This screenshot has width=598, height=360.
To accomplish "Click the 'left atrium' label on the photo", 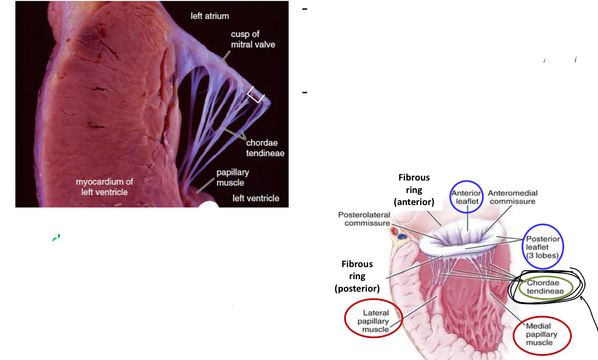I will coord(210,16).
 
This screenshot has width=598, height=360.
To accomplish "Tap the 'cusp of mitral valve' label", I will coord(253,39).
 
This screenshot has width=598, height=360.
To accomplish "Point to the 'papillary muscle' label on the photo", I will coord(233,177).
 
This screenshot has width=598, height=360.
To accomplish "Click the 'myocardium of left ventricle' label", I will coord(104,187).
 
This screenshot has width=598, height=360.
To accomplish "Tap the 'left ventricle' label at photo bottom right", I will coord(256,198).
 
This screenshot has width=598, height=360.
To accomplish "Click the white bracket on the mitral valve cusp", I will coord(256,95).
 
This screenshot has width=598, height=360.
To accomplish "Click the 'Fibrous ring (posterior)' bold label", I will coord(357,276).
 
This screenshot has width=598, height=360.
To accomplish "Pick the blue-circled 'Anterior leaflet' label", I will coord(467,197).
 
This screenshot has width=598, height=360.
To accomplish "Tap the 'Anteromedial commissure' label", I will coord(512,197).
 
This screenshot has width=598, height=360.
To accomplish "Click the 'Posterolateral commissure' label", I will coord(364,219).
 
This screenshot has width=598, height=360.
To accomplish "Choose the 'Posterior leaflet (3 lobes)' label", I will coord(543,247).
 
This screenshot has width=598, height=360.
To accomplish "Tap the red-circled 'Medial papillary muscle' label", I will coord(542,334).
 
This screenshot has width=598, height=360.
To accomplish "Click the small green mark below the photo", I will coord(56,238).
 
